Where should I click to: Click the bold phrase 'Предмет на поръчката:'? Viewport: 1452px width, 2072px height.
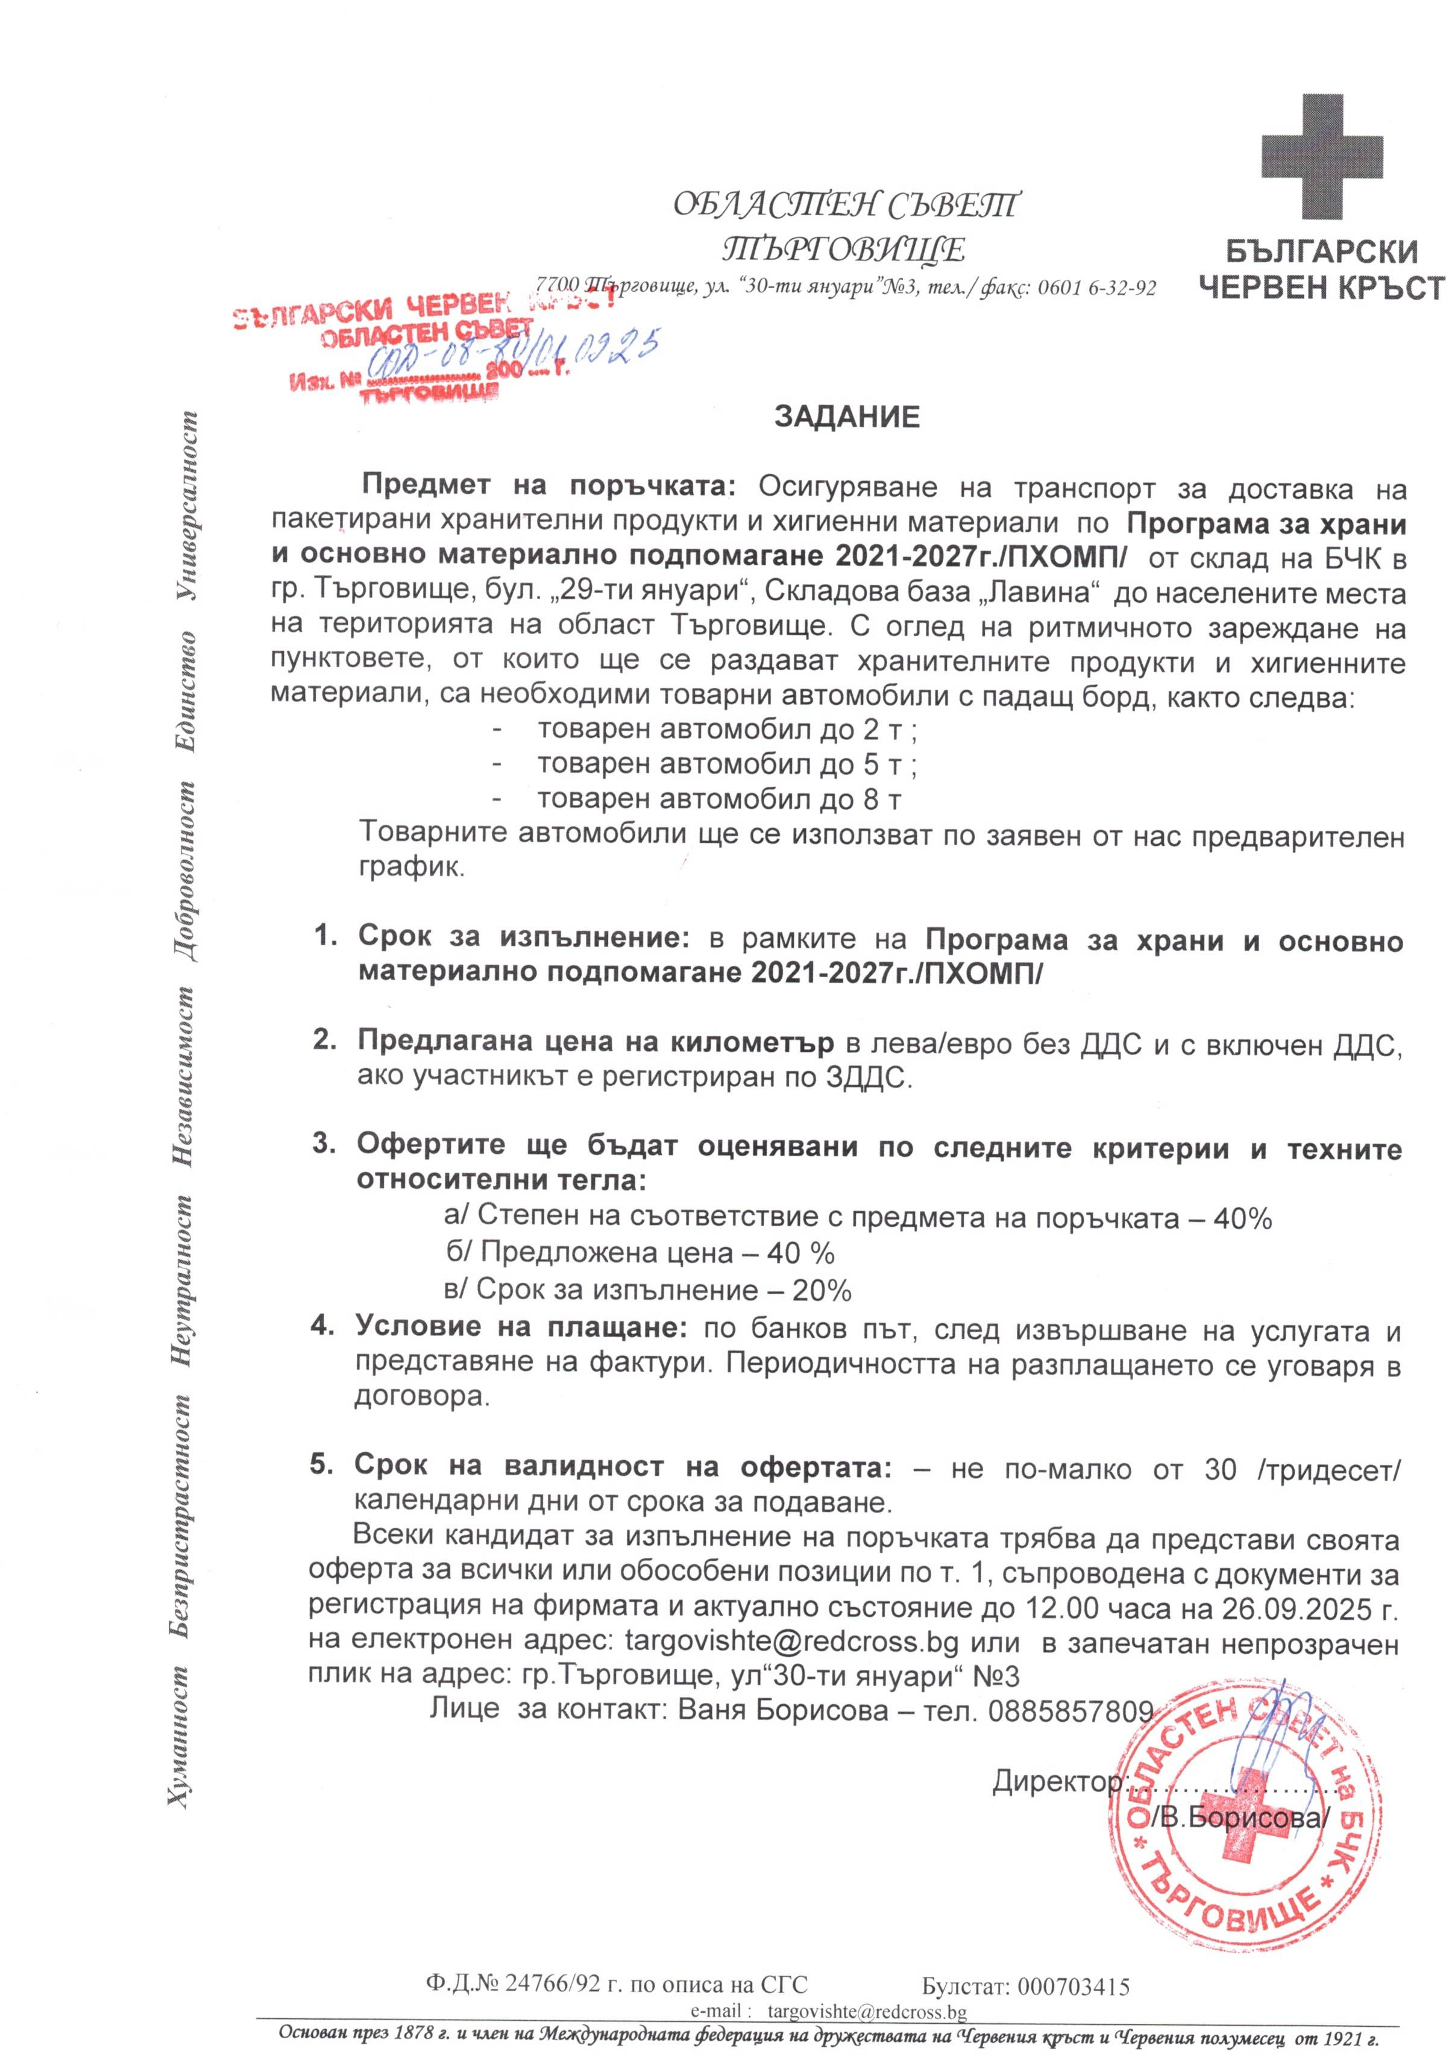click(550, 487)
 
